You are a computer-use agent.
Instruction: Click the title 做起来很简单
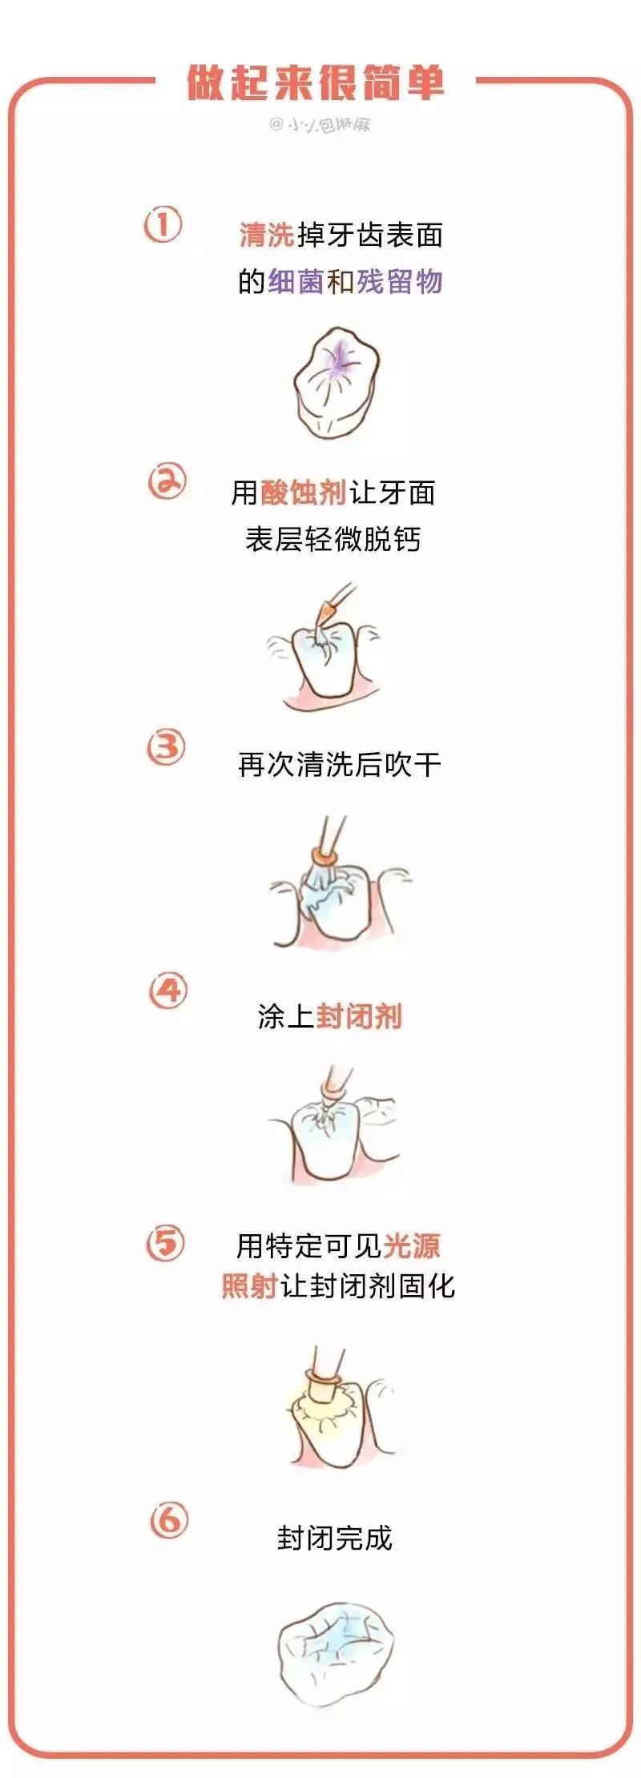[x=316, y=84]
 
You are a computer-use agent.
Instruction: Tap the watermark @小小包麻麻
[x=320, y=125]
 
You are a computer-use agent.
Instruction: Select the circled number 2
[x=167, y=482]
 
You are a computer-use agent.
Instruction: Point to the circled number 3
[x=167, y=747]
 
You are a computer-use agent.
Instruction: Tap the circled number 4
[x=167, y=991]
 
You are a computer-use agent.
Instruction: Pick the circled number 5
[x=166, y=1244]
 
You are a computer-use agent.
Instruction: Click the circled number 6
[x=168, y=1519]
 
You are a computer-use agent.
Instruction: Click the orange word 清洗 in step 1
[x=266, y=235]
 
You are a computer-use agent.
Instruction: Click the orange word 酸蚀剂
[x=303, y=493]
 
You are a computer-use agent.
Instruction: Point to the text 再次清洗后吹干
[x=339, y=765]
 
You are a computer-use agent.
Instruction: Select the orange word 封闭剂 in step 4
[x=358, y=1016]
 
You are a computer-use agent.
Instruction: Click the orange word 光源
[x=412, y=1246]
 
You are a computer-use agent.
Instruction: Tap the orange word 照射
[x=249, y=1286]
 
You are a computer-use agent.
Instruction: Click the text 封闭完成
[x=334, y=1539]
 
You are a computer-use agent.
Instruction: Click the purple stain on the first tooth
[x=340, y=359]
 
